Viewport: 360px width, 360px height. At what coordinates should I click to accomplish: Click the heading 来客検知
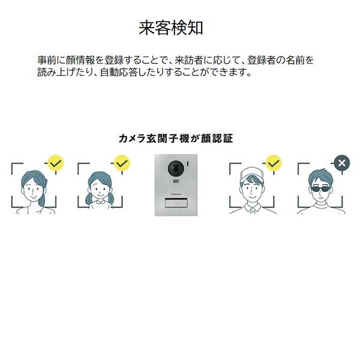point(171,28)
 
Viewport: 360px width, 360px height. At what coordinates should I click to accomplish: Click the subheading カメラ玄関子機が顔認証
point(176,139)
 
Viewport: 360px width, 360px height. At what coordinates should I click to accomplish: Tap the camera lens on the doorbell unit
point(176,169)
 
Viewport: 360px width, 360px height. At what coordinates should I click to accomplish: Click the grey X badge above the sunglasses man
point(341,163)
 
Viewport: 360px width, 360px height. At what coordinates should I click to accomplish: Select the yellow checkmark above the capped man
point(274,163)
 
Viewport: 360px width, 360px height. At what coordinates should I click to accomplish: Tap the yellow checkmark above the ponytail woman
point(56,163)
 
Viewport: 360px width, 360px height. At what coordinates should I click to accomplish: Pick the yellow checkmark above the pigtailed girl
point(122,163)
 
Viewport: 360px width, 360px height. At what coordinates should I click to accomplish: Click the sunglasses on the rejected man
point(320,190)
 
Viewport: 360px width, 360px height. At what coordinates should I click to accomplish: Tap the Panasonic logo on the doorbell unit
point(176,194)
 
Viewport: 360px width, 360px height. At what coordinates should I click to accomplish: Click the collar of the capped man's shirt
point(253,208)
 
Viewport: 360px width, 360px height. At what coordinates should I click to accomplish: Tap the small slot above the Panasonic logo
point(176,182)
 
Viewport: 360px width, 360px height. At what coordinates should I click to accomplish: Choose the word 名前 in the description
point(295,60)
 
